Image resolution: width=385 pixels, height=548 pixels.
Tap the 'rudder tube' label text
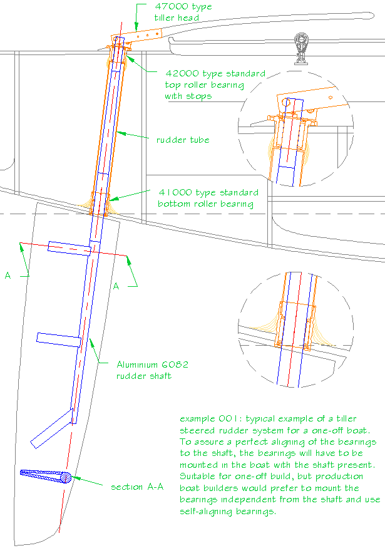tap(182, 140)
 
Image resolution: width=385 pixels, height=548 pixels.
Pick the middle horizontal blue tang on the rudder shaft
tap(58, 339)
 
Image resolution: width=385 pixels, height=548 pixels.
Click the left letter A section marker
tap(8, 275)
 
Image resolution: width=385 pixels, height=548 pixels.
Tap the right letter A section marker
tap(116, 286)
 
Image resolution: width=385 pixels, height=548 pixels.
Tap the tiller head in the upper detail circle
tap(307, 100)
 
